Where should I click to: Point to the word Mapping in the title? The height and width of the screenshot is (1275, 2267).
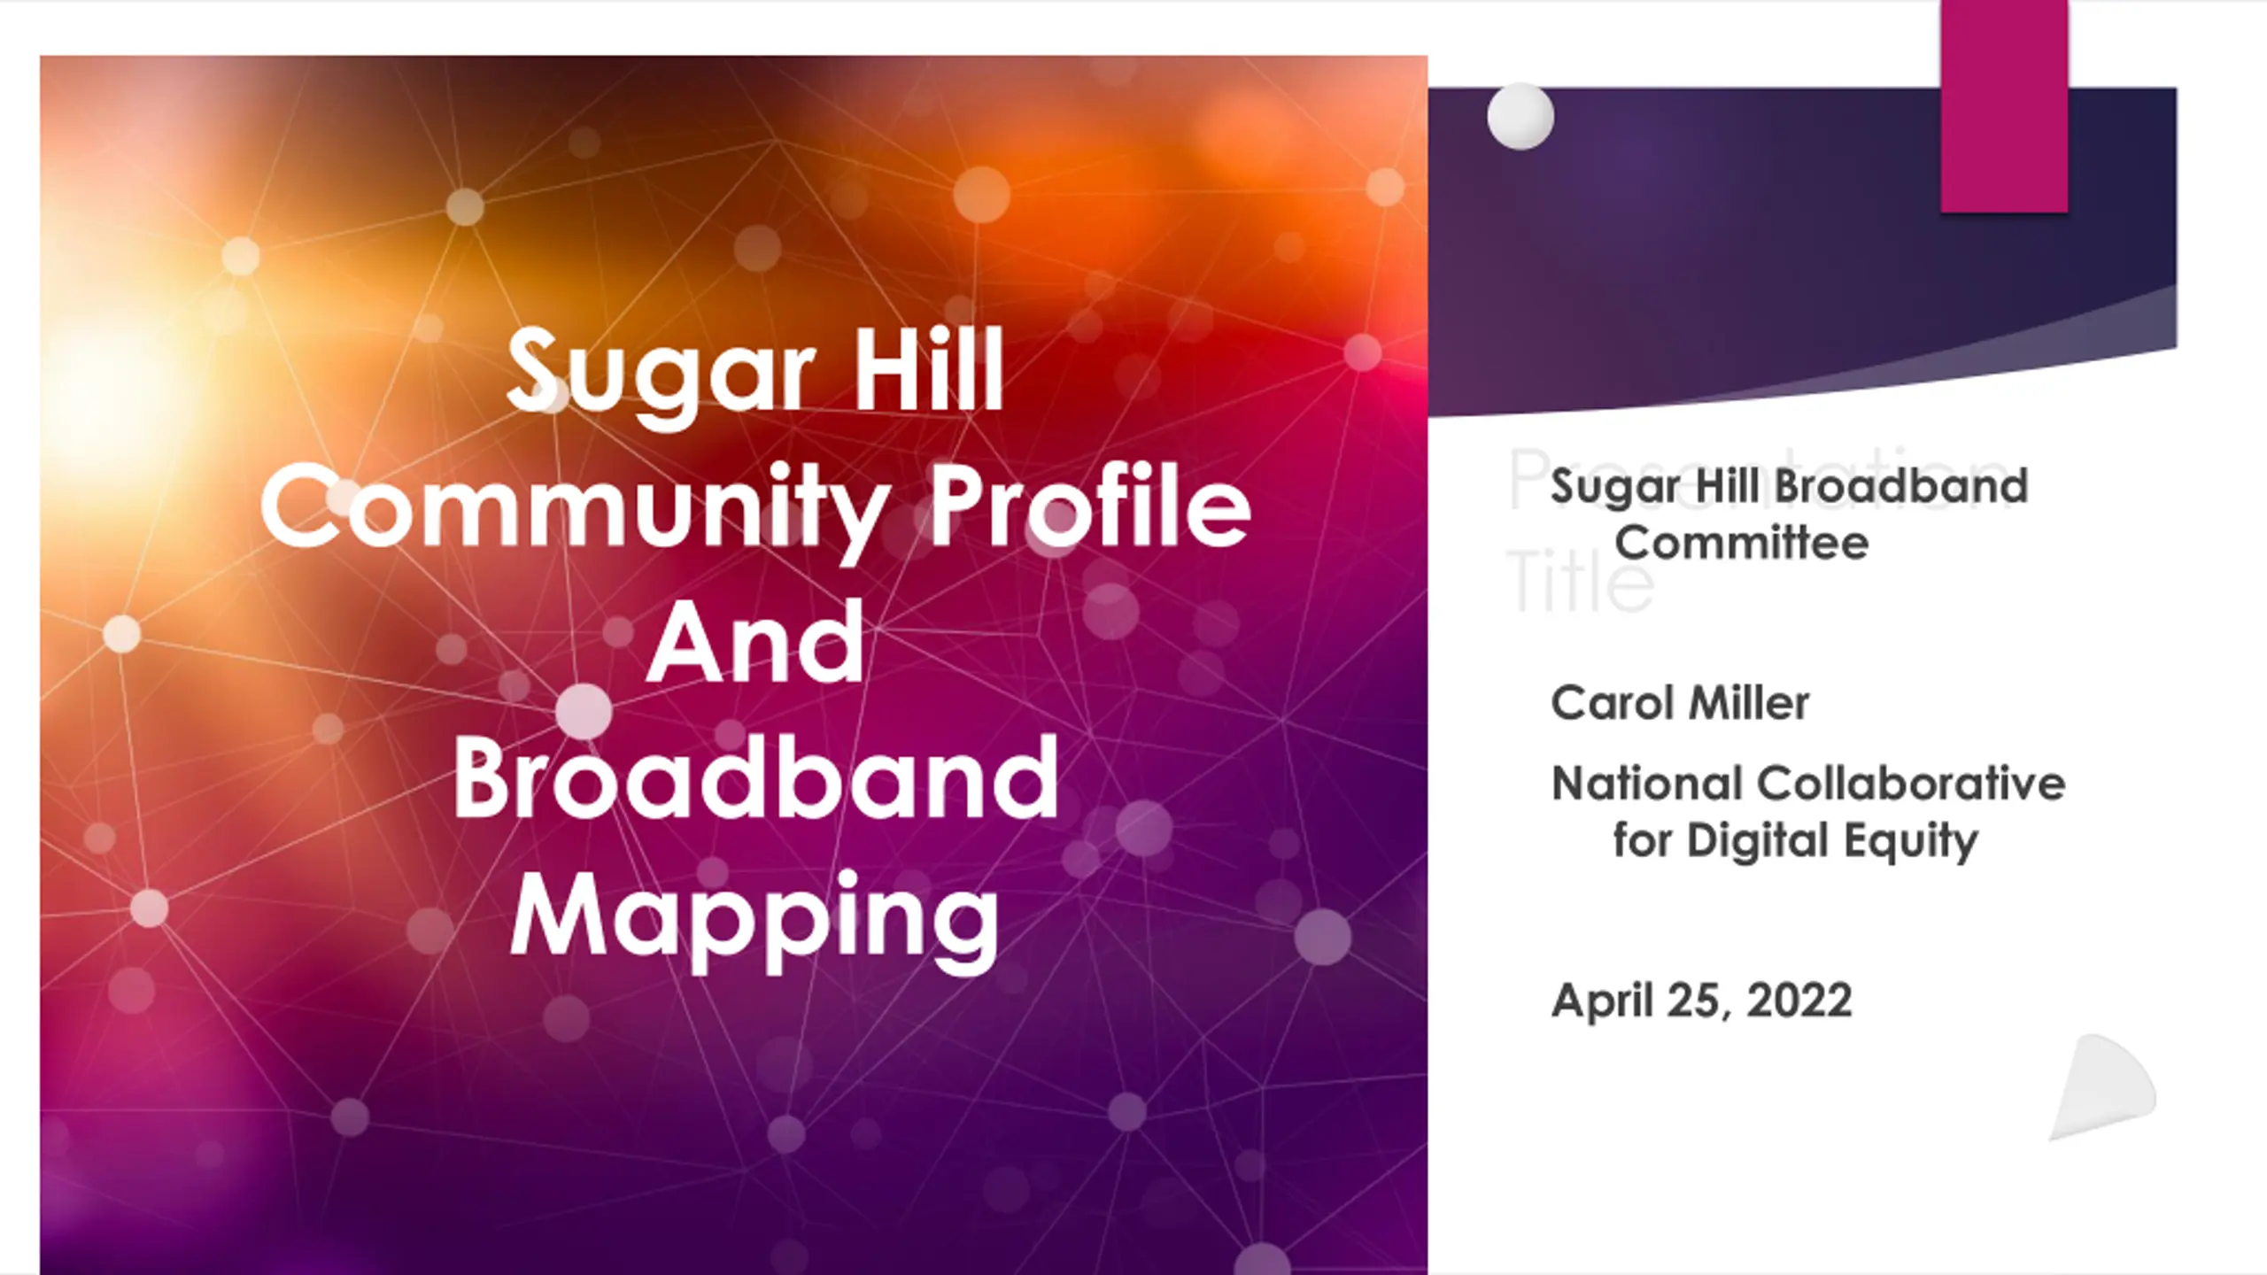[x=755, y=921]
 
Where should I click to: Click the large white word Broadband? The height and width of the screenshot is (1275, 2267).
[x=755, y=777]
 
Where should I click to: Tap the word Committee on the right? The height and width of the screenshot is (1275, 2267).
[x=1741, y=542]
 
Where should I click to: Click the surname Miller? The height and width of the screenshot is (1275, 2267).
[x=1748, y=703]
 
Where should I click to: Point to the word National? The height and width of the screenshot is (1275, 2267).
[x=1646, y=784]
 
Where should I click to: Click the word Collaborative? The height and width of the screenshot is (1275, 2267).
[x=1911, y=784]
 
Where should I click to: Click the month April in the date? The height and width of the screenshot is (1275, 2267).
[x=1603, y=1001]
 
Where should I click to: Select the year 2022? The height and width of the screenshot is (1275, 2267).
[x=1799, y=1001]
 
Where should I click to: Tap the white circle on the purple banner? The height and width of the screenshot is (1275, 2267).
[x=1520, y=116]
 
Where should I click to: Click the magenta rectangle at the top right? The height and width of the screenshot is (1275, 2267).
[x=2004, y=106]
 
